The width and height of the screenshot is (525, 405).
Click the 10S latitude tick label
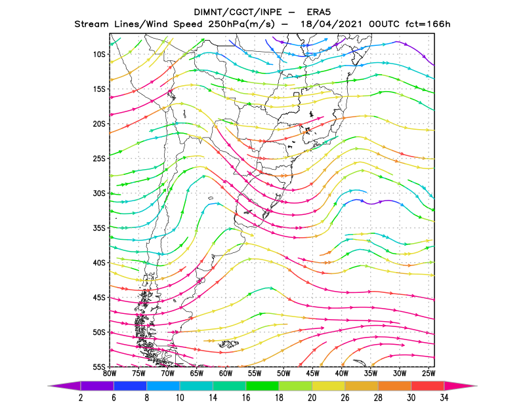[99, 54]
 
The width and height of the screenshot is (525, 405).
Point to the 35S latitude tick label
[99, 228]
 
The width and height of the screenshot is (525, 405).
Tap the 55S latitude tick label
[99, 367]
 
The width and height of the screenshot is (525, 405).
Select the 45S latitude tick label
[99, 298]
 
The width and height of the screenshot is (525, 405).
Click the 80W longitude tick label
[110, 374]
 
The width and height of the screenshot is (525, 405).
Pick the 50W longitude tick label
[283, 374]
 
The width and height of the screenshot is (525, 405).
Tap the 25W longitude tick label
[429, 374]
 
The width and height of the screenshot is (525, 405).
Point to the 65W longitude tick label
[196, 374]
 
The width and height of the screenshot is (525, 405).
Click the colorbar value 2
[81, 398]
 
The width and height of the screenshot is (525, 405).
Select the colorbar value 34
[444, 398]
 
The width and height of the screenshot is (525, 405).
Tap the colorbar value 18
[279, 398]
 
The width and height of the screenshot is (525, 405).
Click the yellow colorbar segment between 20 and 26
[329, 386]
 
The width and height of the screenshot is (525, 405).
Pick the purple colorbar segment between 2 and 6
[97, 386]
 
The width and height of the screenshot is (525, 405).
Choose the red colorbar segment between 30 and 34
[428, 386]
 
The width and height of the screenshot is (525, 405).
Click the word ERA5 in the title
[319, 12]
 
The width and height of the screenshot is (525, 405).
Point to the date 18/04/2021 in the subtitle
[331, 24]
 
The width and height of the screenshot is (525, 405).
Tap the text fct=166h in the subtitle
[428, 24]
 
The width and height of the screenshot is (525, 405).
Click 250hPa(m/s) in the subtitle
[241, 24]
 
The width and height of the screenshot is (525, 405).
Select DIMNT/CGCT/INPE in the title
[240, 12]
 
